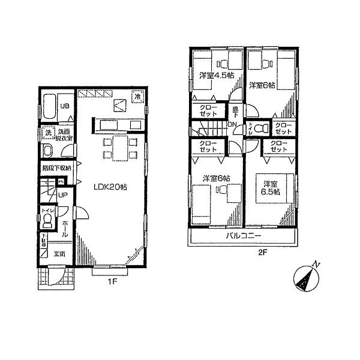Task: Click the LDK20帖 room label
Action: click(109, 187)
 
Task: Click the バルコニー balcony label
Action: click(242, 236)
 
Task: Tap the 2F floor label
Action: click(262, 253)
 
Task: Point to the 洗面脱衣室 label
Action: click(64, 133)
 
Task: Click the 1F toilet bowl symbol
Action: click(47, 223)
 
